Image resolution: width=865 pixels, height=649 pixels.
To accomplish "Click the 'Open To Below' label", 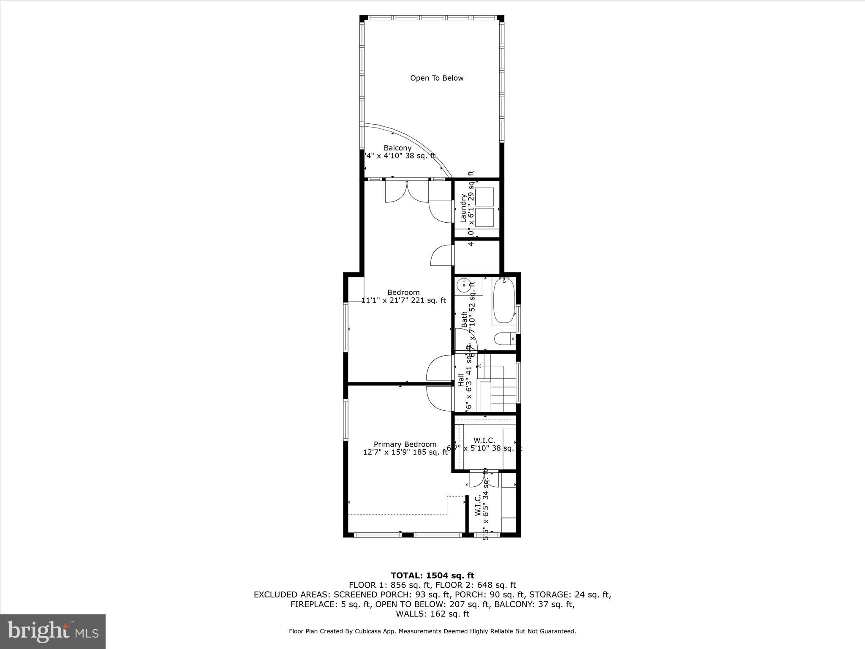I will click(437, 78).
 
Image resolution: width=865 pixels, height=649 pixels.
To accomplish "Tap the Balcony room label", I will click(397, 148).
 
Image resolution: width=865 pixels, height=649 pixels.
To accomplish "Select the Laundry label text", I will click(463, 208).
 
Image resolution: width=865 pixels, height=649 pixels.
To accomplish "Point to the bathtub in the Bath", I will click(503, 300).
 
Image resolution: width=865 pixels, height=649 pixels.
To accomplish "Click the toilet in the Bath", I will click(505, 338).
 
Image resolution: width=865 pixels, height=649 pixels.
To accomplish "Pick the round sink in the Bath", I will click(464, 286).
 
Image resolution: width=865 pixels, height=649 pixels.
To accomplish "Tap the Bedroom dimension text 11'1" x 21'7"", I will click(404, 300).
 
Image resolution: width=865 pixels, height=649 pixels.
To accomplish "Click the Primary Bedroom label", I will click(405, 444).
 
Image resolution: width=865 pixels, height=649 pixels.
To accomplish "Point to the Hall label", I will click(461, 379).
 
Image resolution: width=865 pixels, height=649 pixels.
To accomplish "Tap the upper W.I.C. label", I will click(484, 441).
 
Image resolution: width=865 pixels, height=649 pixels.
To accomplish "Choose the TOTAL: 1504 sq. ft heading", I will click(432, 575).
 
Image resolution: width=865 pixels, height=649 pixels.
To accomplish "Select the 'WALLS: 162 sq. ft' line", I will click(432, 614).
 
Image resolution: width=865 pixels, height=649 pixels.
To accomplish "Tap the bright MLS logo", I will click(53, 632).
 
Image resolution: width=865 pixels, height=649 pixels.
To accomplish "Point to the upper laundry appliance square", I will click(484, 196).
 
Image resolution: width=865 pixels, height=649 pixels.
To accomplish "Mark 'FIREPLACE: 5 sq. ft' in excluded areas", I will click(330, 604).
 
